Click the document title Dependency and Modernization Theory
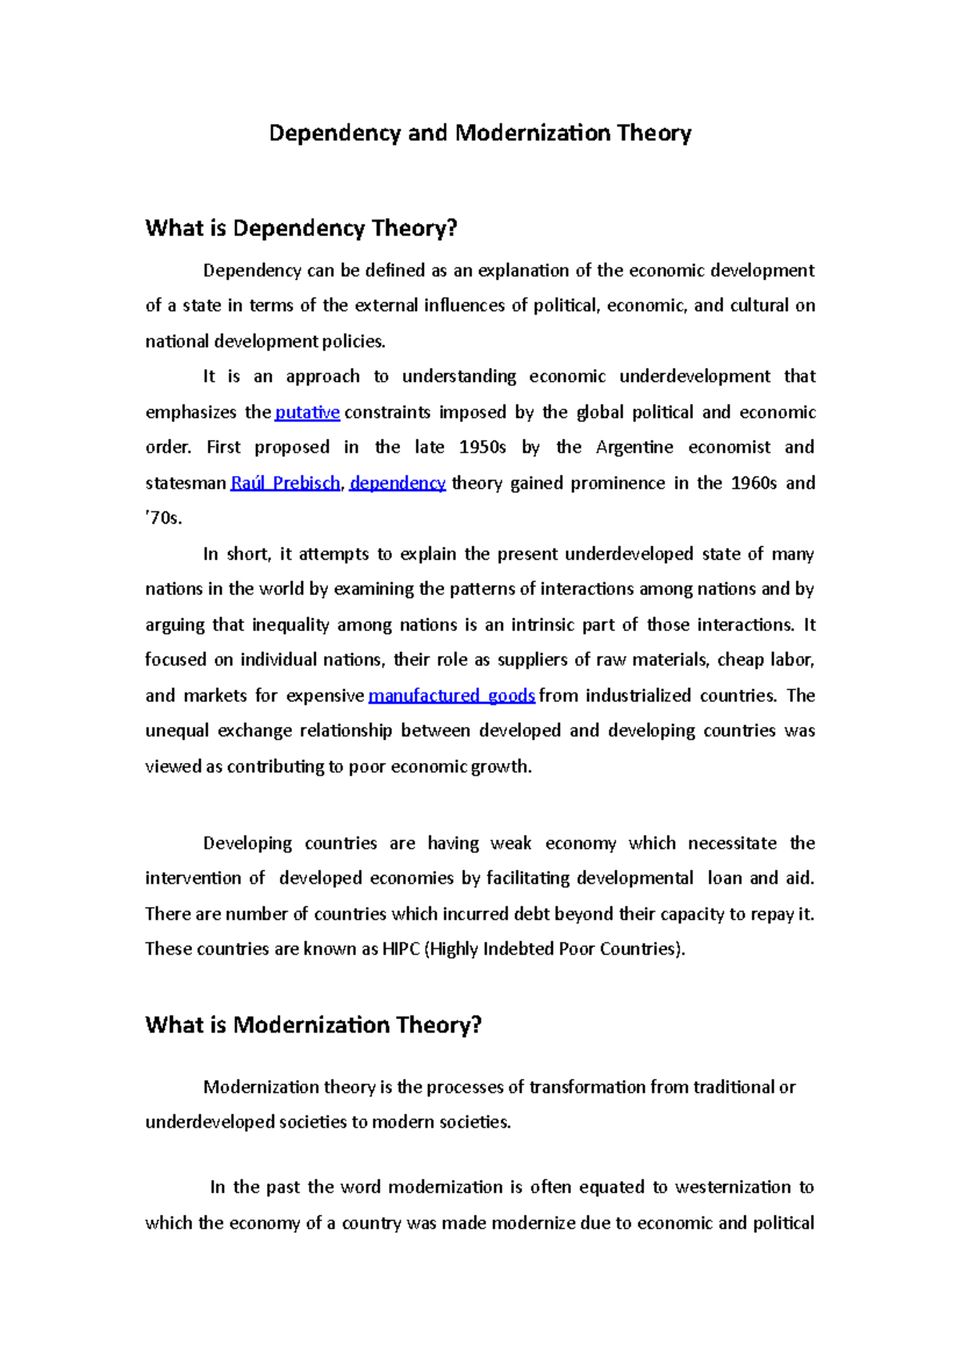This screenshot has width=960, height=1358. tap(480, 133)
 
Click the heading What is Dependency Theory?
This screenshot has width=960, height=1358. tap(301, 229)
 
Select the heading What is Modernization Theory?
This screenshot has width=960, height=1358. tap(313, 1024)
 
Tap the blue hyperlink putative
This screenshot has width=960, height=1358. tap(307, 413)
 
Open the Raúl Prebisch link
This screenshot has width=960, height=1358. tap(285, 483)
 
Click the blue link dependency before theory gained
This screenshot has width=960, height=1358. tap(398, 483)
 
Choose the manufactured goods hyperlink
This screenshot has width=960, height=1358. tap(451, 696)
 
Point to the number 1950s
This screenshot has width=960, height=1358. tap(482, 447)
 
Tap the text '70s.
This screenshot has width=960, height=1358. tap(164, 518)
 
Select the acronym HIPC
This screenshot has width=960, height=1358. tap(400, 949)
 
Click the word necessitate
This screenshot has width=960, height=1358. tap(732, 843)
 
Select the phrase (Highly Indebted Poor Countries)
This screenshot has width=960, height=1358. tap(555, 949)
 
